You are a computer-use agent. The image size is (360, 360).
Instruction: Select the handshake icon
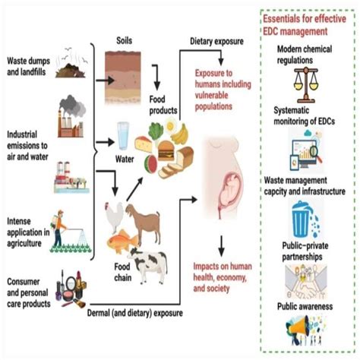[x=310, y=278]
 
